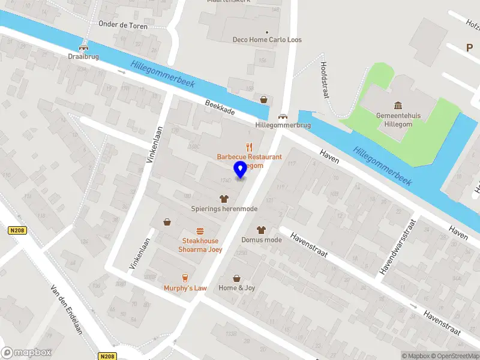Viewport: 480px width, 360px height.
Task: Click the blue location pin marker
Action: point(241,170)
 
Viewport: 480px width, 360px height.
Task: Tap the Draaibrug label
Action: point(83,56)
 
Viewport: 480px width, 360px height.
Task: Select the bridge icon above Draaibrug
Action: point(83,47)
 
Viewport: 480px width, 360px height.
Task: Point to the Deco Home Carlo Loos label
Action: point(267,40)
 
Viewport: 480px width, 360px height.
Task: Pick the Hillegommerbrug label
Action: point(283,125)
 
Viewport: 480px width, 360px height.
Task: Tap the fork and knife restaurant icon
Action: point(250,146)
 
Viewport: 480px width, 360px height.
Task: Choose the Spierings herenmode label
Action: point(224,209)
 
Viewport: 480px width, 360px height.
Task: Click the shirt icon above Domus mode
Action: point(261,230)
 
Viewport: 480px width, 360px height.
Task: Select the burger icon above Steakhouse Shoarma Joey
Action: point(200,231)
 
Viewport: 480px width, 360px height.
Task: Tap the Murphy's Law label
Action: point(185,288)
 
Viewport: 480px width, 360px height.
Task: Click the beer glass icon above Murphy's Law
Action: point(185,277)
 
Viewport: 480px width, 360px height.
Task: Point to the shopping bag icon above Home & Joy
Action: point(236,278)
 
